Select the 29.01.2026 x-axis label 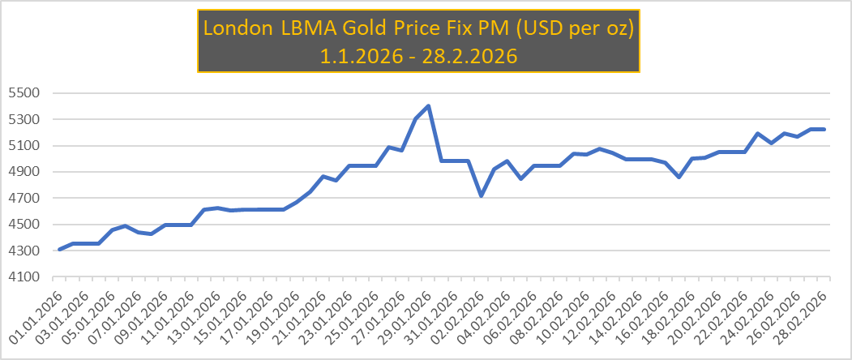click(409, 319)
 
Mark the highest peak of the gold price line click(428, 106)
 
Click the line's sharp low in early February click(481, 195)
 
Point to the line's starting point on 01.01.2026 click(60, 249)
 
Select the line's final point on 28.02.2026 click(824, 129)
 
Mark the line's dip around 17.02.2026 click(679, 177)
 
